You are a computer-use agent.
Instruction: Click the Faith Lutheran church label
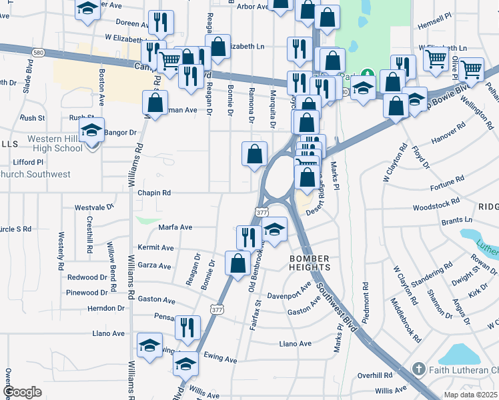pyautogui.click(x=463, y=369)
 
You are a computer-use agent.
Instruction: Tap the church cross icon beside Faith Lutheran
pyautogui.click(x=418, y=369)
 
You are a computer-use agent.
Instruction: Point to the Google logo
pyautogui.click(x=22, y=392)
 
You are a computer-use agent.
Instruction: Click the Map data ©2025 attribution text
pyautogui.click(x=471, y=395)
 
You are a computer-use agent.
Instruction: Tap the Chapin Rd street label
pyautogui.click(x=154, y=193)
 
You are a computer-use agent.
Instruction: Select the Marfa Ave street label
pyautogui.click(x=175, y=227)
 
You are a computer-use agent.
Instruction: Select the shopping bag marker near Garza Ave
pyautogui.click(x=238, y=263)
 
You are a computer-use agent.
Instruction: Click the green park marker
pyautogui.click(x=366, y=75)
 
